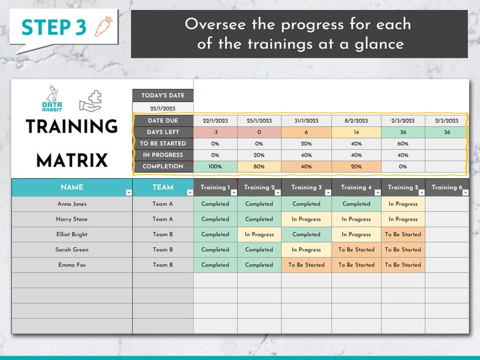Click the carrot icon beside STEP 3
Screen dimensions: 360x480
pos(103,28)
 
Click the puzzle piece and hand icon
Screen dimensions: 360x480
pos(91,101)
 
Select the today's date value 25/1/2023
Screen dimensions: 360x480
pos(163,108)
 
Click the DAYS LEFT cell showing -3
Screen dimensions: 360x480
pos(215,132)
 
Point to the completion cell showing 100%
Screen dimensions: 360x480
pos(215,167)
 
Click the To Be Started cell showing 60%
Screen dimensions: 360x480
pos(403,144)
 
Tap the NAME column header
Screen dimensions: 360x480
pos(71,187)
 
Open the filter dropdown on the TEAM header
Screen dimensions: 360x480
pos(190,193)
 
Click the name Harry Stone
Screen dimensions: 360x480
pos(72,219)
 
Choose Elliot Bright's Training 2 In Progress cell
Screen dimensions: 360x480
pos(259,234)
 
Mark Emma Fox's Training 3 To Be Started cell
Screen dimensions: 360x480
pos(306,265)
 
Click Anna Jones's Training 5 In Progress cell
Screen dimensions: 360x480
pos(403,204)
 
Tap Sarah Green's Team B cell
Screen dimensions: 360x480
pos(163,249)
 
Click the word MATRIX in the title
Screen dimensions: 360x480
pos(71,161)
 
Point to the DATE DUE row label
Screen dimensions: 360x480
pos(163,121)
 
